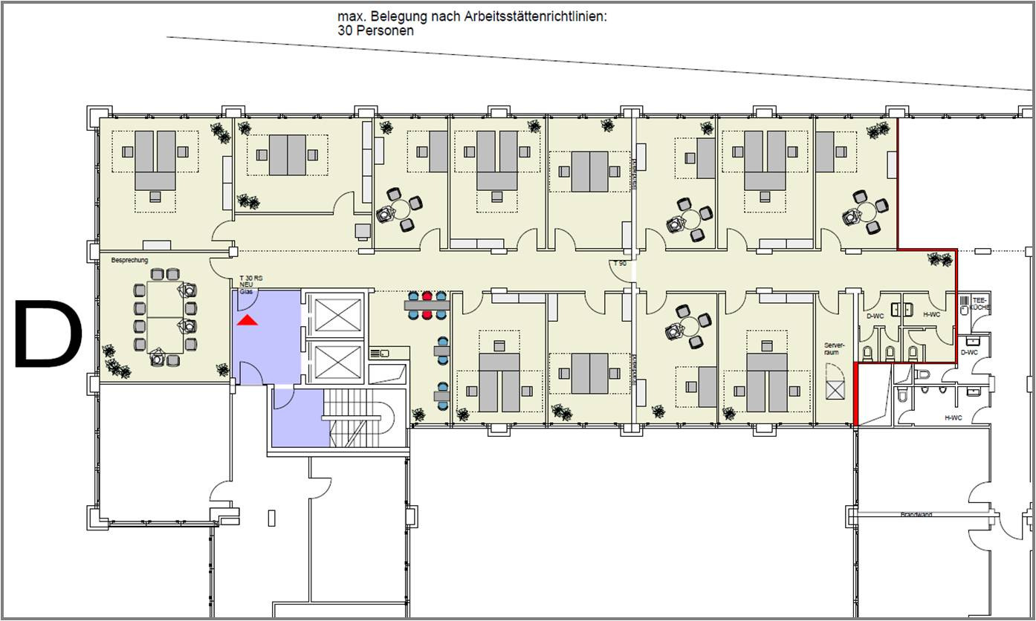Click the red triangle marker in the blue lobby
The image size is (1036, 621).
[x=247, y=320]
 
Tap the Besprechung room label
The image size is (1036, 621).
[x=130, y=260]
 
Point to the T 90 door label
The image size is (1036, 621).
[x=619, y=264]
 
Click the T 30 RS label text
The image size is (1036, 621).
[x=250, y=279]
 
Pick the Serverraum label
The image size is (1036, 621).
[x=832, y=348]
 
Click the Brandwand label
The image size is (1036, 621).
[x=916, y=515]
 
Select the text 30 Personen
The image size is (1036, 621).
[x=375, y=31]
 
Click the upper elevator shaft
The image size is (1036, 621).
[x=337, y=314]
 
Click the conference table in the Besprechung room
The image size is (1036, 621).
[x=164, y=316]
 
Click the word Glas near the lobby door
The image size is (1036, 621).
[x=245, y=291]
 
